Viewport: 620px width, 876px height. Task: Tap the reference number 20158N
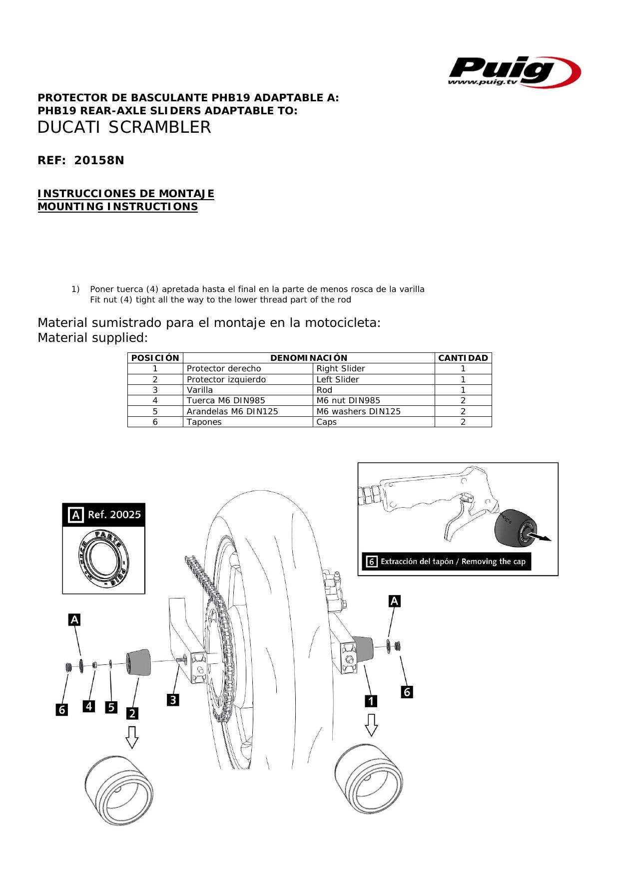tap(99, 161)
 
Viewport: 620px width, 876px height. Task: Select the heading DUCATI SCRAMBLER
tap(124, 128)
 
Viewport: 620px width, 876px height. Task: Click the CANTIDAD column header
tap(463, 358)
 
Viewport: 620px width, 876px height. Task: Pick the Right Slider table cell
tap(341, 369)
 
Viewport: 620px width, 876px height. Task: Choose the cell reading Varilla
tap(200, 390)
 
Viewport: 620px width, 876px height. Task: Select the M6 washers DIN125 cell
tap(358, 411)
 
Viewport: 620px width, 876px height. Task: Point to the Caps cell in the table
tap(327, 422)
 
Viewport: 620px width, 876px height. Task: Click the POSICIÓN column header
tap(155, 358)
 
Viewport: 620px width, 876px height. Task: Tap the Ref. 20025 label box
tap(104, 515)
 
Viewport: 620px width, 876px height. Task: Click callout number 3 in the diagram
tap(173, 700)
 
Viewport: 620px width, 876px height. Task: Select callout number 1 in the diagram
tap(371, 701)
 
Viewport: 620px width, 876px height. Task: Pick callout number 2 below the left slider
tap(132, 713)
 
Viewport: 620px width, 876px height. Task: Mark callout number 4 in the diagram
tap(89, 706)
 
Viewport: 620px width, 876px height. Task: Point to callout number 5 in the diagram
tap(111, 707)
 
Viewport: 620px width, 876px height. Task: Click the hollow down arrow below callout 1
tap(371, 724)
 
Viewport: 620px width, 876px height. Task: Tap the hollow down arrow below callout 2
tap(132, 737)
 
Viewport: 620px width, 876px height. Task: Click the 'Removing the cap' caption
tap(447, 562)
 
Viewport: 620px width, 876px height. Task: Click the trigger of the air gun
tap(457, 522)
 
